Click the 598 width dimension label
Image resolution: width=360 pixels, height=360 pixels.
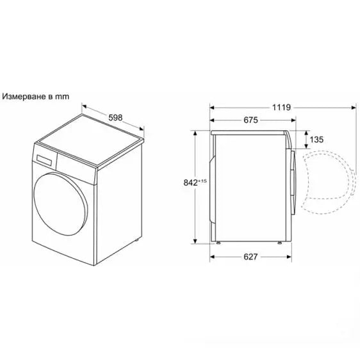pos(115,117)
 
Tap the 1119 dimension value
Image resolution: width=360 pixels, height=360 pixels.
pos(280,108)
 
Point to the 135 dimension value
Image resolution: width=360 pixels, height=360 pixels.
pos(316,139)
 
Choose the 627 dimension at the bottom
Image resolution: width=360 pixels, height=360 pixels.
pos(250,257)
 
